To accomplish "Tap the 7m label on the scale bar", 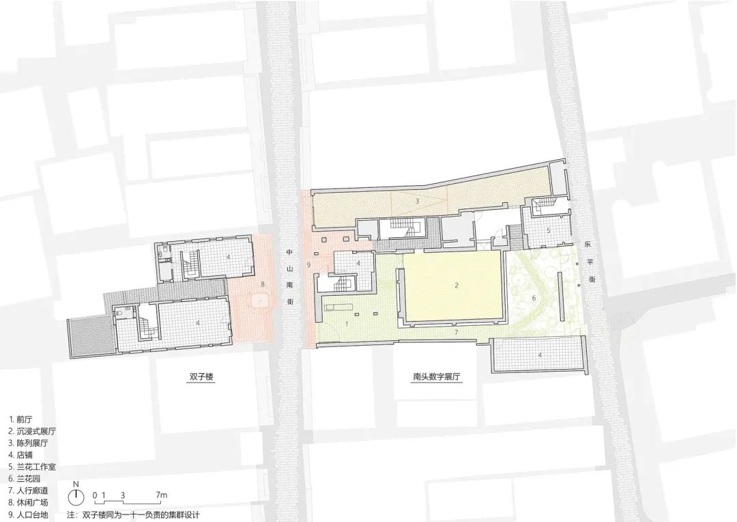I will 162,494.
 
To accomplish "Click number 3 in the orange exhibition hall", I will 417,202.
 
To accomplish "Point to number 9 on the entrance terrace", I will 309,264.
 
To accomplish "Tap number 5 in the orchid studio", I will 548,231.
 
